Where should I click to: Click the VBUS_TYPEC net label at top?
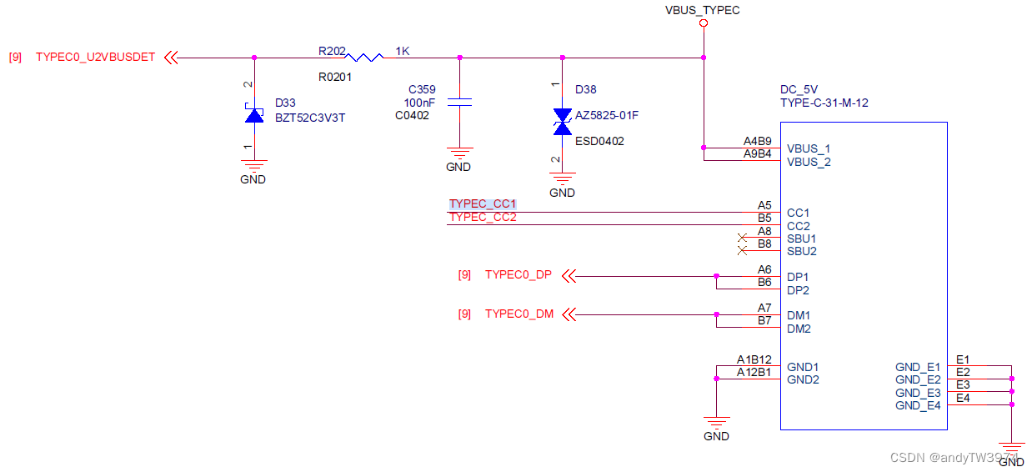tap(702, 10)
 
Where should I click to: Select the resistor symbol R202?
tap(364, 58)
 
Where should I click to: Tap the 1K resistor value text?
tap(403, 52)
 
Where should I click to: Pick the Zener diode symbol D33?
tap(254, 114)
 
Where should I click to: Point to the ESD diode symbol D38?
tap(563, 121)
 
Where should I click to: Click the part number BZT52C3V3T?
tap(310, 118)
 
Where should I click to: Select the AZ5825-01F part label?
tap(607, 115)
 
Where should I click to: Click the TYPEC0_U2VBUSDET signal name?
tap(95, 58)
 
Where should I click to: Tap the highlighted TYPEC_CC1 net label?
tap(483, 204)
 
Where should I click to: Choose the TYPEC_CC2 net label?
tap(483, 218)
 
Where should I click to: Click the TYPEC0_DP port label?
tap(518, 275)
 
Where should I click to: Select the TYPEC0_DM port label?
tap(519, 314)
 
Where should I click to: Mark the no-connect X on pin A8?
tap(742, 238)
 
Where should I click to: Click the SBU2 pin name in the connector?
tap(802, 251)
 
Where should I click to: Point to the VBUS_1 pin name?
tap(809, 148)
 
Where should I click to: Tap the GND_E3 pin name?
tap(918, 393)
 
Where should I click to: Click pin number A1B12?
tap(754, 359)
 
